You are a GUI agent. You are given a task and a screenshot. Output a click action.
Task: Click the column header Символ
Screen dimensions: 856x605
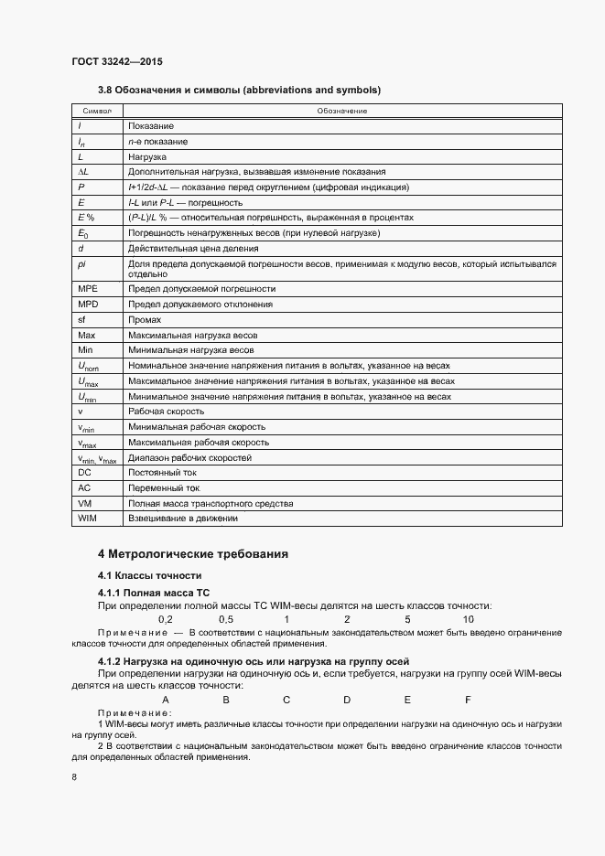[96, 111]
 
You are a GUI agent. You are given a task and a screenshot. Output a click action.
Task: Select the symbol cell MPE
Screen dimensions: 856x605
[88, 288]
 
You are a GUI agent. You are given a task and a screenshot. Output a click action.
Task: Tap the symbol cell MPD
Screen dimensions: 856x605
[88, 304]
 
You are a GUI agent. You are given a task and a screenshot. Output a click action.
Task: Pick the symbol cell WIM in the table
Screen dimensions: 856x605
[88, 519]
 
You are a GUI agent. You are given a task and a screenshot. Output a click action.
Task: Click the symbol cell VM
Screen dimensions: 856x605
[84, 503]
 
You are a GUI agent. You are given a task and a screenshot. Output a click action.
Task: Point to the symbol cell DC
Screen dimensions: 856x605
[84, 473]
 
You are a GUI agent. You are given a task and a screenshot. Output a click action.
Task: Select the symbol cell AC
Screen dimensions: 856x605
[84, 488]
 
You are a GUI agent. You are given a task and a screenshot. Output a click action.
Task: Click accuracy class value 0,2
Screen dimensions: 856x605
[166, 619]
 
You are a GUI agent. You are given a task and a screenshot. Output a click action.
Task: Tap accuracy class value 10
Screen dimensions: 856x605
[468, 619]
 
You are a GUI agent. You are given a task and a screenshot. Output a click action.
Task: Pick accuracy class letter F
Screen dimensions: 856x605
[468, 700]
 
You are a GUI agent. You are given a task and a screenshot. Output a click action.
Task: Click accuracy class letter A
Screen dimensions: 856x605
[166, 700]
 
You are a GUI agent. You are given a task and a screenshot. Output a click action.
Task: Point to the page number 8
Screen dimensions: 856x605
[74, 776]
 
